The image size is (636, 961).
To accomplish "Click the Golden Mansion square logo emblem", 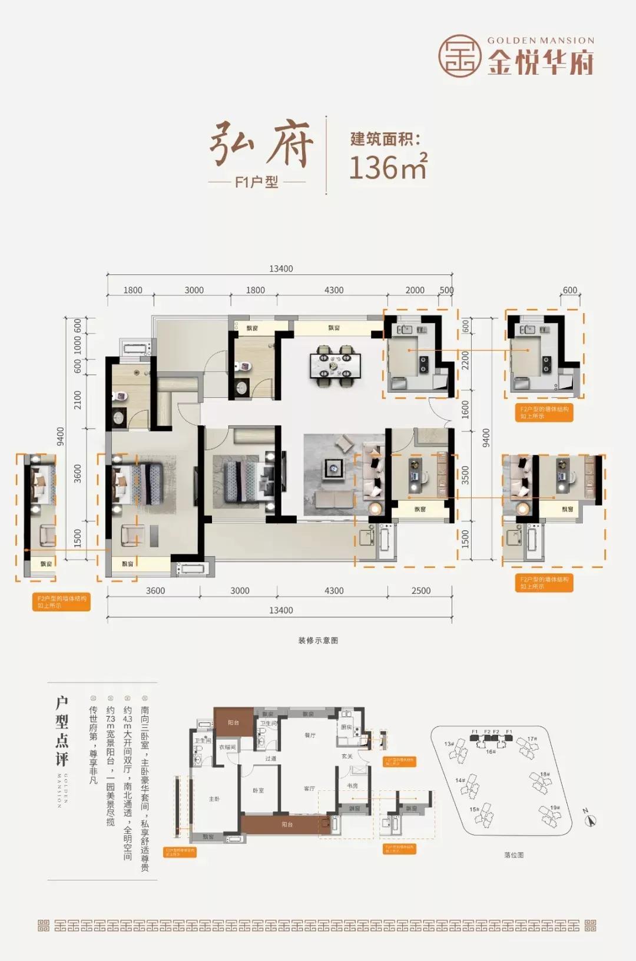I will (x=460, y=56).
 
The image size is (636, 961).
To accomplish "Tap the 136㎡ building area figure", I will (x=387, y=167).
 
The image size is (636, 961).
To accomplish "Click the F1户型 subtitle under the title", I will (x=256, y=182).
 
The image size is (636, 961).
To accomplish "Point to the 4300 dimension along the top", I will (x=334, y=290).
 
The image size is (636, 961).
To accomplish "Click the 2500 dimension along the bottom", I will (x=420, y=590).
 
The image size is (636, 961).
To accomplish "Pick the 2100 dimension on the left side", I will (x=78, y=400).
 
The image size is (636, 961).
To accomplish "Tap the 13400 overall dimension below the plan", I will (x=281, y=610).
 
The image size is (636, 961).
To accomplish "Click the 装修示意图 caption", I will (x=318, y=640).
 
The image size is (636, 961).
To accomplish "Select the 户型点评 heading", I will (x=61, y=731).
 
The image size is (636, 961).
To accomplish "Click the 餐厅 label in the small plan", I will (x=310, y=735).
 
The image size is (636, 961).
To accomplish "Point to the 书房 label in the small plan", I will (x=352, y=786).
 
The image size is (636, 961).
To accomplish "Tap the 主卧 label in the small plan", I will (x=214, y=799).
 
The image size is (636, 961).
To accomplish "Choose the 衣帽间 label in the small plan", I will (x=227, y=747).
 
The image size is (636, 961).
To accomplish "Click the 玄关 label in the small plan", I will (x=347, y=756).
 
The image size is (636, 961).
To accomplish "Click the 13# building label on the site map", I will (x=449, y=744).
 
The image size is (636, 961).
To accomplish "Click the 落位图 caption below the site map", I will (x=514, y=854).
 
